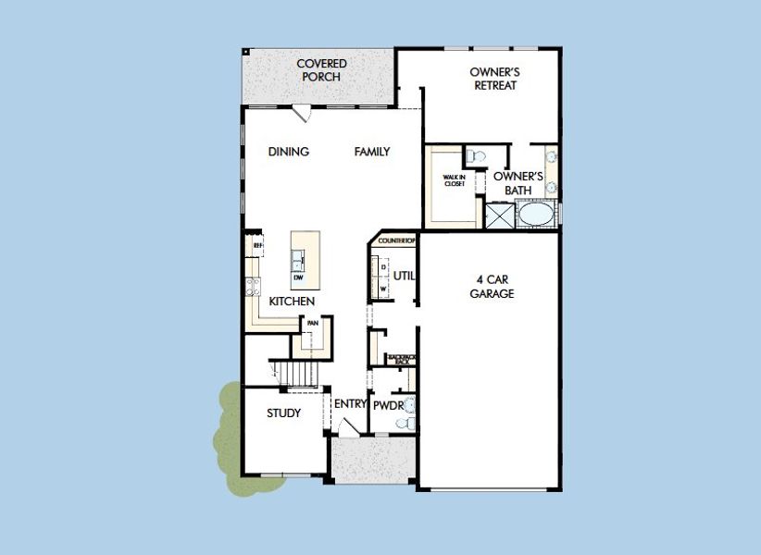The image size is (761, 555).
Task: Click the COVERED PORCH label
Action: [x=321, y=70]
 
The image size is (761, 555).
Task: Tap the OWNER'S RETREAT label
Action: [x=494, y=79]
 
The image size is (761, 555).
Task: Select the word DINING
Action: [x=288, y=152]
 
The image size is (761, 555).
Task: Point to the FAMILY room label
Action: [x=372, y=152]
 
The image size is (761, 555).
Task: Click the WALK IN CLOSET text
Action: [x=454, y=181]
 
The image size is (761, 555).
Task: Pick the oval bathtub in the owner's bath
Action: [x=534, y=215]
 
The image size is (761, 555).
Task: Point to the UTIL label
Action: [x=404, y=276]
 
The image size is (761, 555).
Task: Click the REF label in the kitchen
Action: [x=258, y=245]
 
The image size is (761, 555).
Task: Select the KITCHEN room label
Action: [x=292, y=302]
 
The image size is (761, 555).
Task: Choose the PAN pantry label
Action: [x=313, y=323]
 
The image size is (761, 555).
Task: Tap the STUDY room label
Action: [x=283, y=413]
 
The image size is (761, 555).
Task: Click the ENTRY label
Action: [x=351, y=403]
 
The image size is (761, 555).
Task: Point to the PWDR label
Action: [x=388, y=404]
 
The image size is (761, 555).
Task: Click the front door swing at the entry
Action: [x=345, y=428]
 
